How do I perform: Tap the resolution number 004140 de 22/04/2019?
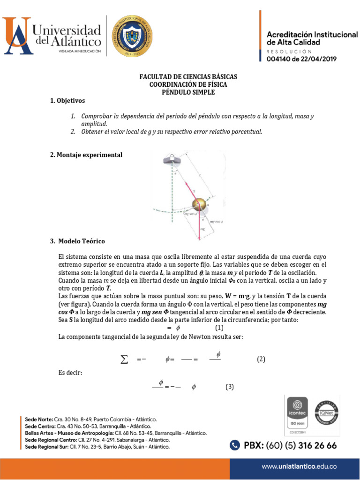click(301, 59)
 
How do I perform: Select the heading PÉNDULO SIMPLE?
click(188, 92)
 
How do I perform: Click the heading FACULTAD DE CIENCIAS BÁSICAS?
click(188, 76)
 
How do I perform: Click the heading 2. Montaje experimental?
click(86, 155)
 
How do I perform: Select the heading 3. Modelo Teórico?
click(77, 241)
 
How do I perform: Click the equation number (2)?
click(261, 359)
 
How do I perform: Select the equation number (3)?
click(229, 387)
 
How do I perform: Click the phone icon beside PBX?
click(234, 445)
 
